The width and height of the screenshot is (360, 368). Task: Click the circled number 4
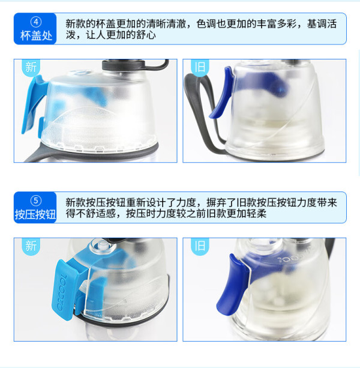click(36, 22)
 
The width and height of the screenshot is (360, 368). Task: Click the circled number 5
click(36, 201)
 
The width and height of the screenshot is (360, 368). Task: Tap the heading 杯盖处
click(36, 35)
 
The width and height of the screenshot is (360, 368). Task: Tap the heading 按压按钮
click(35, 214)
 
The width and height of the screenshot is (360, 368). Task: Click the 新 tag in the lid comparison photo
click(31, 67)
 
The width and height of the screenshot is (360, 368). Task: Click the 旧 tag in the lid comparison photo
click(200, 67)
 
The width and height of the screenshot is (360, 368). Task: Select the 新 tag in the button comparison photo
click(31, 246)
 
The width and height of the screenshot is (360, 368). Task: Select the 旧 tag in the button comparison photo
click(200, 246)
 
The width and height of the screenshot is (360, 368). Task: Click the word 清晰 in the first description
click(156, 23)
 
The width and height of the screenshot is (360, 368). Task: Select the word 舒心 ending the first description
click(146, 35)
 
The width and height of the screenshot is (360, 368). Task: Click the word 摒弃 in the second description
click(216, 202)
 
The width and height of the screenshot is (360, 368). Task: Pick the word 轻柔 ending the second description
click(257, 213)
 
